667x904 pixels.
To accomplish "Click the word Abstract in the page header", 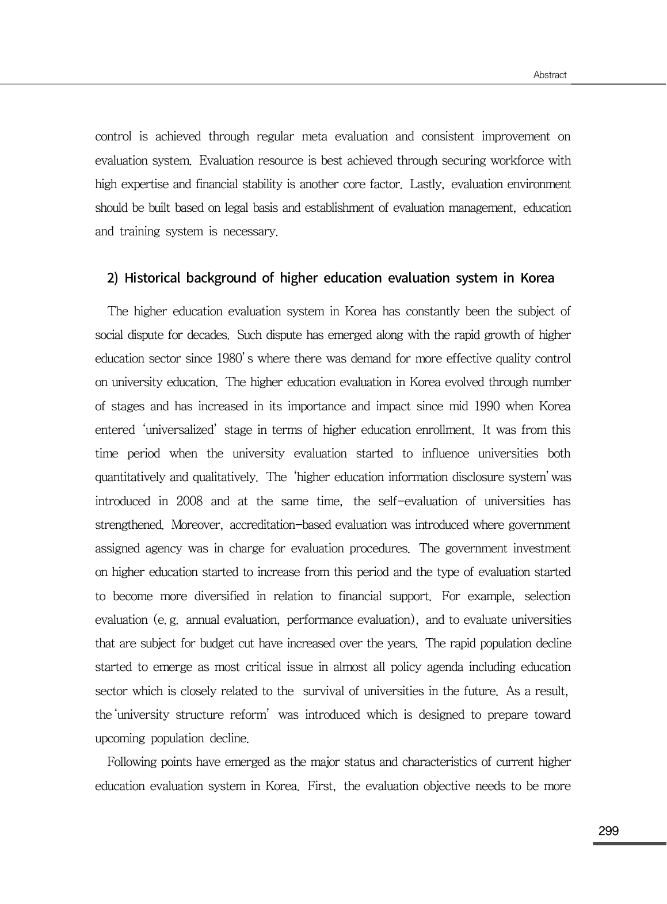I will [x=550, y=75].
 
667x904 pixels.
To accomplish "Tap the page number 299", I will [x=608, y=831].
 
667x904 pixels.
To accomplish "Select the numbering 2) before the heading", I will [x=112, y=279].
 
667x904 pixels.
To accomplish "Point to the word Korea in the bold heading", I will [x=537, y=279].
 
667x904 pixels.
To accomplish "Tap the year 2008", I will [x=189, y=501].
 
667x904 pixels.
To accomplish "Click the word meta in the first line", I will [x=315, y=137].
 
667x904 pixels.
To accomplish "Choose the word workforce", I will [x=514, y=161].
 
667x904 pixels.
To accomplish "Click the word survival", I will [x=327, y=691].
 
